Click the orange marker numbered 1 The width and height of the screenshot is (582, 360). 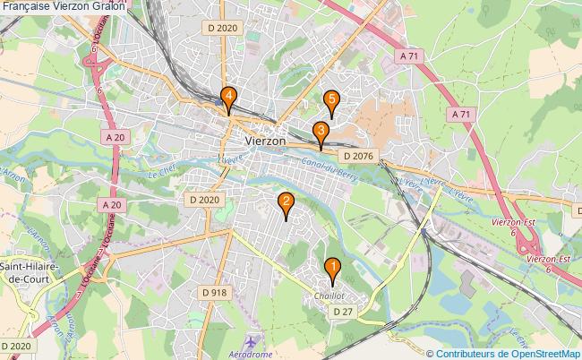point(331,268)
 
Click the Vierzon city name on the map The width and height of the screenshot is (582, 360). point(265,141)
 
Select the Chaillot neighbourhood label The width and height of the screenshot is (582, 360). point(330,296)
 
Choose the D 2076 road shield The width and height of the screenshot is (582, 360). point(355,157)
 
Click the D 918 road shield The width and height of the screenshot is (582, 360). point(214,292)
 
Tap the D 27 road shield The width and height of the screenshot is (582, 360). point(339,311)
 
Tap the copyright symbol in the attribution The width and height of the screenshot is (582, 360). point(431,354)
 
